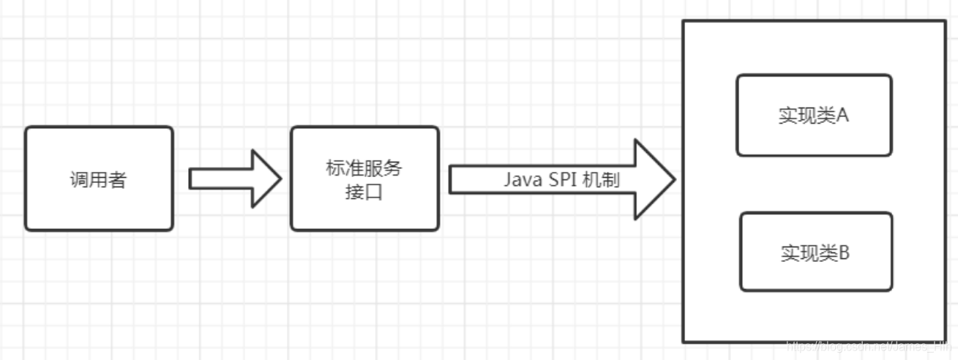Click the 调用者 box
tap(99, 179)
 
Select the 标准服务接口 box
tap(364, 179)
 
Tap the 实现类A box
tap(814, 116)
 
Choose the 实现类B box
tap(815, 252)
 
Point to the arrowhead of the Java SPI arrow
tap(653, 179)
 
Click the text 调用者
tap(98, 180)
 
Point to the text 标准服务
tap(364, 168)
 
